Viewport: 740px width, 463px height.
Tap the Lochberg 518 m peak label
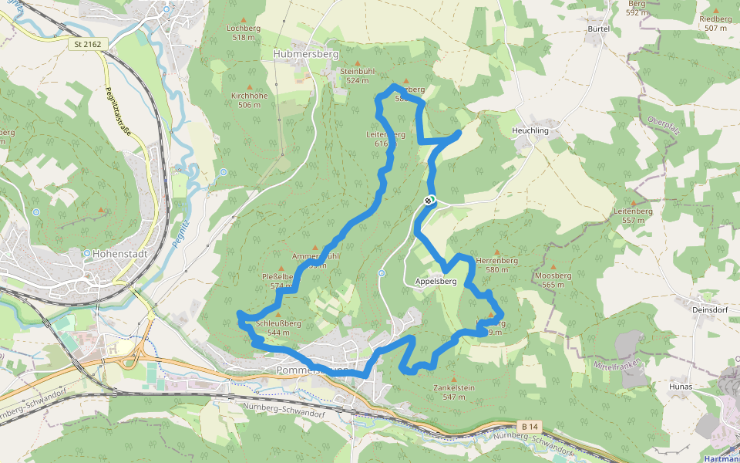click(x=244, y=32)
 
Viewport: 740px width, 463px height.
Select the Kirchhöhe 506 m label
click(x=249, y=100)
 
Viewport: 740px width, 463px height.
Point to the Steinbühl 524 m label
click(x=358, y=76)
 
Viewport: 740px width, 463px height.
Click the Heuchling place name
click(x=530, y=131)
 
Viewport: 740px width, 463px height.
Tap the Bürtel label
click(x=599, y=29)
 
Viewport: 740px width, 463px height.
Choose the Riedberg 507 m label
click(x=715, y=23)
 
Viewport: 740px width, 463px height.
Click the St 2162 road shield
click(x=87, y=45)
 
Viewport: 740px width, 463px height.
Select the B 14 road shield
click(x=528, y=426)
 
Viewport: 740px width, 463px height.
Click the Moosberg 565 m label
click(x=553, y=280)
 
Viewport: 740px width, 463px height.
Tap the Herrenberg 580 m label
click(x=496, y=265)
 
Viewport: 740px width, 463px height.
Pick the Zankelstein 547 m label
click(x=454, y=391)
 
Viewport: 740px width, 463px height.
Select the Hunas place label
click(x=681, y=387)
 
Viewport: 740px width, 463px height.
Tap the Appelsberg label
click(x=436, y=282)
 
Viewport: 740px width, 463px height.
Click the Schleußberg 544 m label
click(x=278, y=328)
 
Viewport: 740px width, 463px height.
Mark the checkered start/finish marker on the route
click(x=429, y=201)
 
